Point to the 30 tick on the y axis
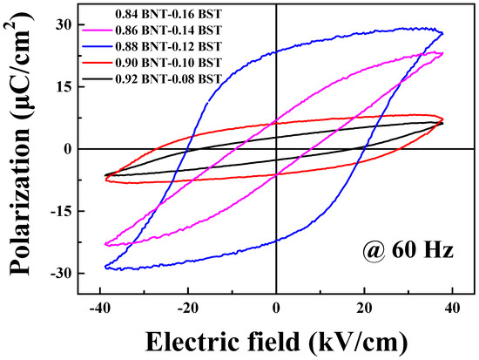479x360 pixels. click(60, 24)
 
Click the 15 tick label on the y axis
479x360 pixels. click(60, 86)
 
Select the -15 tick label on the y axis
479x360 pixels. click(57, 211)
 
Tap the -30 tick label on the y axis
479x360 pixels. click(57, 274)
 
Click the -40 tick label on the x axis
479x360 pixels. click(98, 306)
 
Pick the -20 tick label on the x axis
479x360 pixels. click(186, 306)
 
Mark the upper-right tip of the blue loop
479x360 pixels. click(442, 33)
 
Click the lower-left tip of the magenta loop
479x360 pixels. click(106, 245)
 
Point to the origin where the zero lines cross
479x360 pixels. click(275, 149)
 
